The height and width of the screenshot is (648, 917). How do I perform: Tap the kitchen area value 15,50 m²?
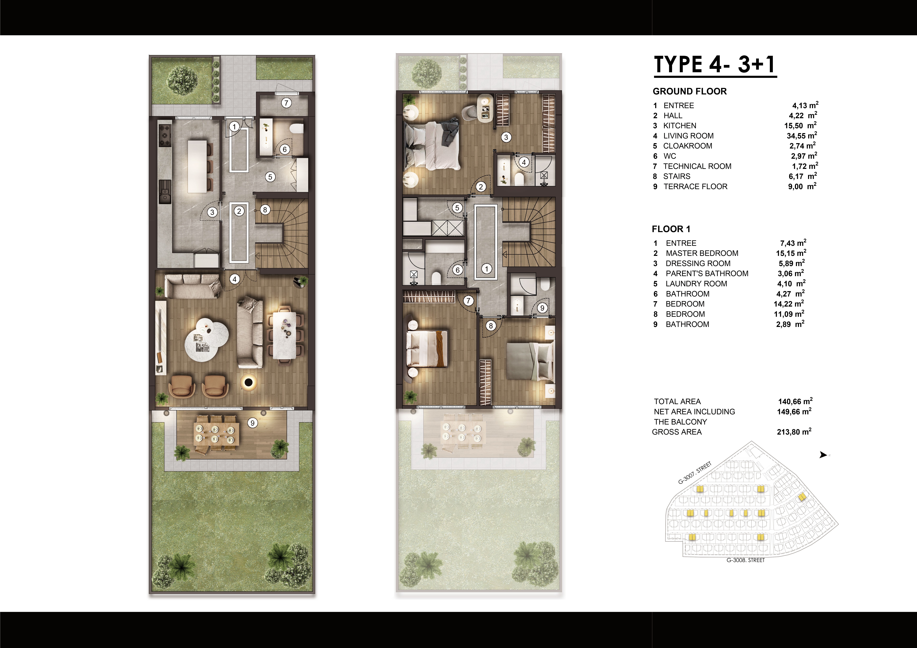(800, 125)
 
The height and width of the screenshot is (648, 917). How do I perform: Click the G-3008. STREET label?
(745, 560)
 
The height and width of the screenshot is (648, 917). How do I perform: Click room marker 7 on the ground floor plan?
(286, 103)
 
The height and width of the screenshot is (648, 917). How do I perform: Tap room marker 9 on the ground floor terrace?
(252, 423)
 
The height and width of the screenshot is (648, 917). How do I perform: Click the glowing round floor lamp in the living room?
(249, 382)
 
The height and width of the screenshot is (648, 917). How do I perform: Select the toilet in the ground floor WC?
(296, 129)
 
